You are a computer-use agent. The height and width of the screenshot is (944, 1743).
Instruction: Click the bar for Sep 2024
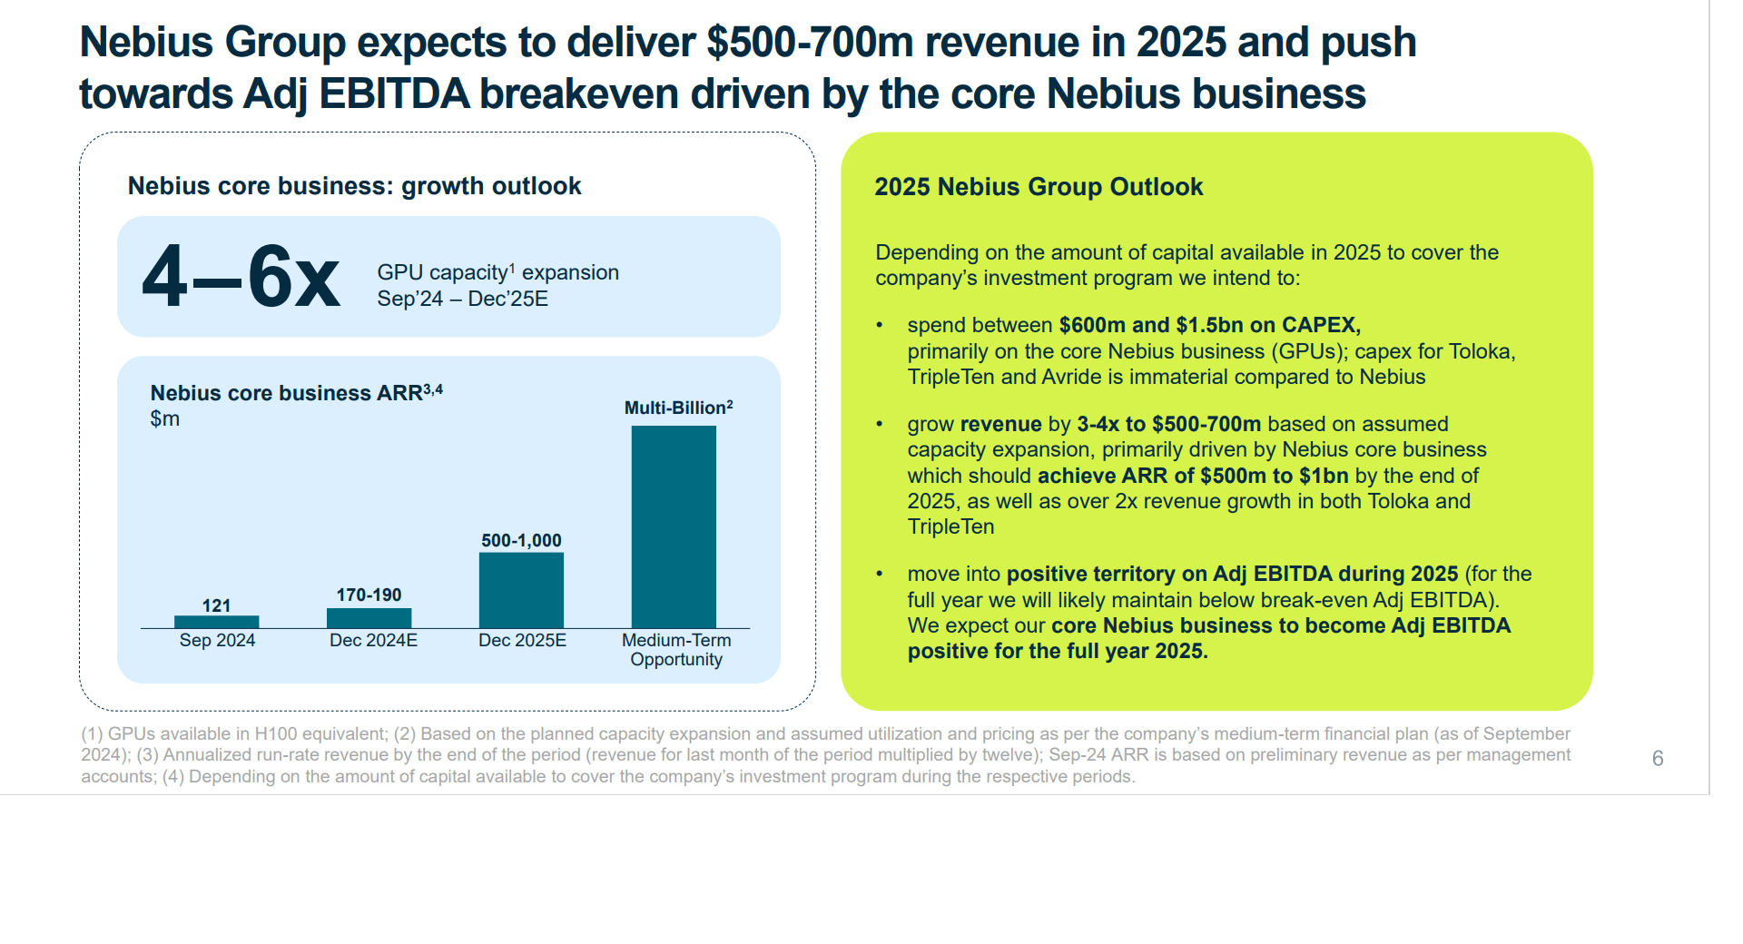pyautogui.click(x=216, y=622)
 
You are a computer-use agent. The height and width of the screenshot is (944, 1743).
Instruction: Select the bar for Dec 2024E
pyautogui.click(x=369, y=618)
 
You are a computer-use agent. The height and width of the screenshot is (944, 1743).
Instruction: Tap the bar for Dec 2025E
pyautogui.click(x=521, y=590)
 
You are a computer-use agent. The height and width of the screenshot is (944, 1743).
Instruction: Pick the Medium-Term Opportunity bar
pyautogui.click(x=674, y=526)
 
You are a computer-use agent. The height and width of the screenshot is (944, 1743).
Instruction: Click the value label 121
pyautogui.click(x=216, y=605)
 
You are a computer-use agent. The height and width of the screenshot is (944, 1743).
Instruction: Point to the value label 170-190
pyautogui.click(x=369, y=595)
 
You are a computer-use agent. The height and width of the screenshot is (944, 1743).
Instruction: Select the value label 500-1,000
pyautogui.click(x=521, y=540)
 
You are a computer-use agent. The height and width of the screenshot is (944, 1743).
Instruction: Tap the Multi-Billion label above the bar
pyautogui.click(x=677, y=408)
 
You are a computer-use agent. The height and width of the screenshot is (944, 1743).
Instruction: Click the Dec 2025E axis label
pyautogui.click(x=522, y=640)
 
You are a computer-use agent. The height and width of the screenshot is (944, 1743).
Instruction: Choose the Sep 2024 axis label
pyautogui.click(x=217, y=640)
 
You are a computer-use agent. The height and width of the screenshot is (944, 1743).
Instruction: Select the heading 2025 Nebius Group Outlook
pyautogui.click(x=1038, y=187)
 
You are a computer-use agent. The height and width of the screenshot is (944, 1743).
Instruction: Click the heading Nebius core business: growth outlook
pyautogui.click(x=354, y=186)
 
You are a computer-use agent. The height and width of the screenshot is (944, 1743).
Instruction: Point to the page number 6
pyautogui.click(x=1657, y=758)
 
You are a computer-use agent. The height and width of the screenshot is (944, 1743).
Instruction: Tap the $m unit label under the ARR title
pyautogui.click(x=164, y=418)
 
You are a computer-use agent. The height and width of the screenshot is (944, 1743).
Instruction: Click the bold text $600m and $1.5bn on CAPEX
pyautogui.click(x=1209, y=325)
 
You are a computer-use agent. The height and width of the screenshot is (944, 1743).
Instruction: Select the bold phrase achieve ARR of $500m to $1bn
pyautogui.click(x=1192, y=476)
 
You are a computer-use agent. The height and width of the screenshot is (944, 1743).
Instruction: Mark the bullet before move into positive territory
pyautogui.click(x=879, y=574)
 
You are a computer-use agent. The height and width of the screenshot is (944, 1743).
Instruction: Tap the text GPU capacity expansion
pyautogui.click(x=497, y=272)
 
